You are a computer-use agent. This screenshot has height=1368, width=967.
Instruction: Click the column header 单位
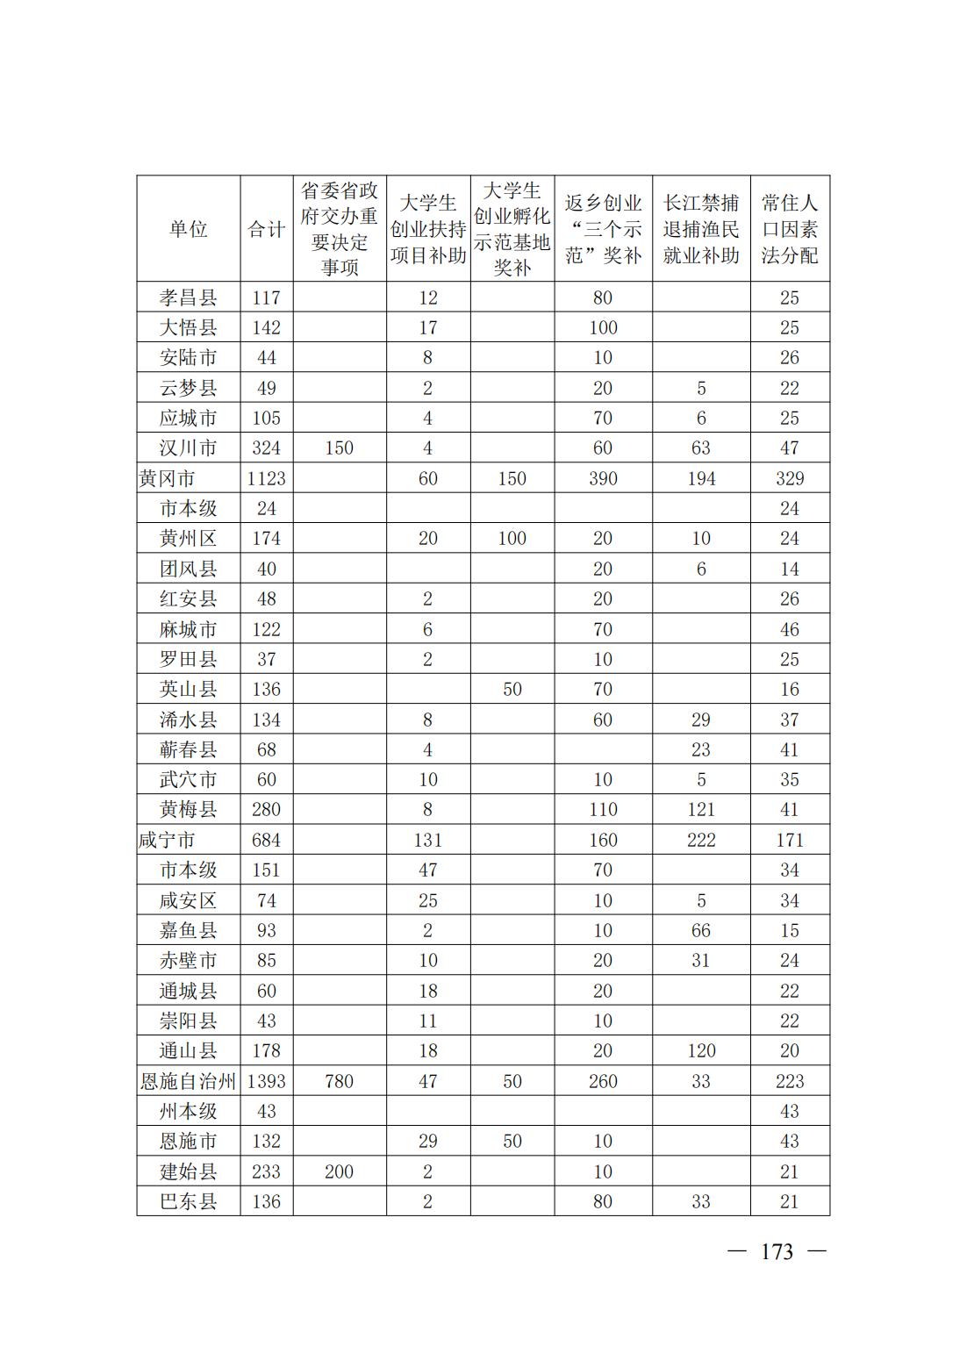click(188, 229)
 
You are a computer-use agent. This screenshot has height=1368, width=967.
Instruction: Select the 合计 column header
click(266, 229)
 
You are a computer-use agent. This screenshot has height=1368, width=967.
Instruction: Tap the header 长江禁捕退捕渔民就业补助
click(700, 229)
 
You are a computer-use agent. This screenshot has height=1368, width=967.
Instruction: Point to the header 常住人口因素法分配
click(789, 229)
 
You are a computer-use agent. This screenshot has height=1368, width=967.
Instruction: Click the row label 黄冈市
click(167, 478)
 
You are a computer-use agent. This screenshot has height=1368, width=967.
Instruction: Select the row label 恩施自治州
click(188, 1081)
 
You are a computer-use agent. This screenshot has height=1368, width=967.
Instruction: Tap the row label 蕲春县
click(188, 749)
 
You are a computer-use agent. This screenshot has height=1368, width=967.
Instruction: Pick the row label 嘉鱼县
click(188, 930)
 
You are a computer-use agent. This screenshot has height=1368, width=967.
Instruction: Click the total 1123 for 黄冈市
click(266, 478)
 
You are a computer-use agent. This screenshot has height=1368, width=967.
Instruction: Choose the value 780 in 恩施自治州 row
click(339, 1081)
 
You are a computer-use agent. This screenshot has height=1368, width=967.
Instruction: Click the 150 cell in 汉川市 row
click(339, 448)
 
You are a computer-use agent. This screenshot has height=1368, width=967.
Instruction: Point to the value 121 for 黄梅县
click(700, 809)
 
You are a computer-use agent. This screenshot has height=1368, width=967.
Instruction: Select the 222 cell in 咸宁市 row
click(700, 840)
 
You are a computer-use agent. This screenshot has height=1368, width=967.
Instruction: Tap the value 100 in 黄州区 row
click(512, 538)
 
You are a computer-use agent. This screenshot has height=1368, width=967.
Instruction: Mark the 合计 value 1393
click(266, 1081)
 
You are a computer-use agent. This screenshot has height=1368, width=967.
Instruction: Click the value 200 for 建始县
click(339, 1171)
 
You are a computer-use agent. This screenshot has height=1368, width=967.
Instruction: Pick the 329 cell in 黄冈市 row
click(789, 478)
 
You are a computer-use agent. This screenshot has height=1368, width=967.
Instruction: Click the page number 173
click(777, 1252)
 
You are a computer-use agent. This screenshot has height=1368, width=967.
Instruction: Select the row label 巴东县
click(188, 1201)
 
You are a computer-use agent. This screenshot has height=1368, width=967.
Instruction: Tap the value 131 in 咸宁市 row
click(427, 840)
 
